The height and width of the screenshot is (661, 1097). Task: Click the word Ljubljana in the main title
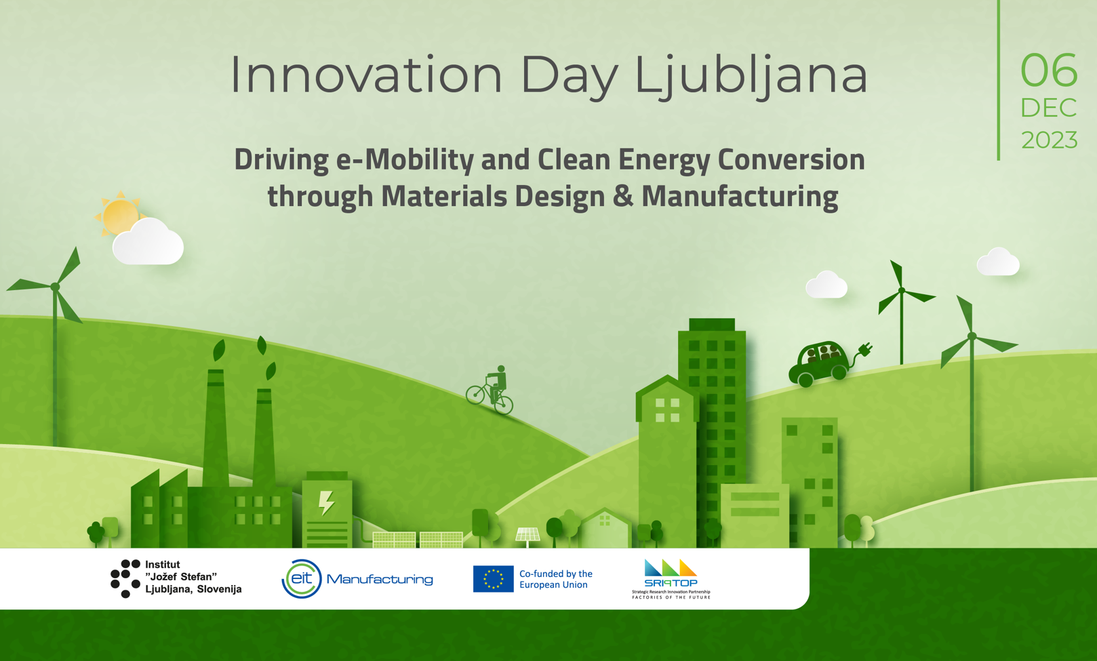pos(751,76)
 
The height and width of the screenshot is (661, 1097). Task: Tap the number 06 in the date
pos(1049,71)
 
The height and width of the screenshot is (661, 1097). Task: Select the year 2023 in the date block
pos(1050,140)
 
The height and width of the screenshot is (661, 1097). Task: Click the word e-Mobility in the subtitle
pos(405,160)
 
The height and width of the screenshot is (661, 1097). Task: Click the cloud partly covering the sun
pos(148,242)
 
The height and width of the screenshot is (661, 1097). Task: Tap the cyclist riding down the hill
pos(490,390)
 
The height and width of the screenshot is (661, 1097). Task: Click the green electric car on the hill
pos(819,363)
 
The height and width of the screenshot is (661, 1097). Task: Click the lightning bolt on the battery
pos(326,503)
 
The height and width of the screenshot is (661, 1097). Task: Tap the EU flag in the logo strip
pos(493,579)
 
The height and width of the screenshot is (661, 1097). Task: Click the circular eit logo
pos(302,579)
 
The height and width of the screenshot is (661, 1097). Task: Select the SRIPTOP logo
pos(671,579)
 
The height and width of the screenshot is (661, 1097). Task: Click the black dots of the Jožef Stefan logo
pos(125,579)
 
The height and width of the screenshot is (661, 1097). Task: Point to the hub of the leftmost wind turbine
pos(55,287)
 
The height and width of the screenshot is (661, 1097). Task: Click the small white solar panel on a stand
pos(527,536)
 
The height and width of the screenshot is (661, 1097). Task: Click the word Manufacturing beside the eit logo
pos(380,579)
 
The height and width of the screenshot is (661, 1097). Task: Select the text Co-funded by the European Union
pos(556,579)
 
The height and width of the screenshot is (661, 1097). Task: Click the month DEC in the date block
pos(1049,108)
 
